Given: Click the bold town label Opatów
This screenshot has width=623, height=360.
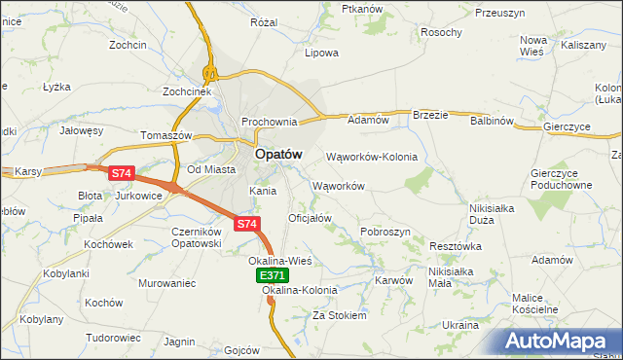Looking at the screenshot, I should [x=278, y=154].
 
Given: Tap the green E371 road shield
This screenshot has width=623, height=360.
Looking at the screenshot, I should [x=273, y=276].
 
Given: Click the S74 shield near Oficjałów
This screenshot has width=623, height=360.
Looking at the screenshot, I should [x=247, y=224].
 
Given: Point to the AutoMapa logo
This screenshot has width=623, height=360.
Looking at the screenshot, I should [x=561, y=342].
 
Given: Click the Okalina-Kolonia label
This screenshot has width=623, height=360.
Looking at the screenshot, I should [x=300, y=290].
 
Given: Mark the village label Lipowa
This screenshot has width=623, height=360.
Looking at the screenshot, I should [x=321, y=53].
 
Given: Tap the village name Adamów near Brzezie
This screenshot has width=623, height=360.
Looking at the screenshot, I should [x=369, y=120].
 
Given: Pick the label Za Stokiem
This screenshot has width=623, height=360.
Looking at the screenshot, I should [x=339, y=316].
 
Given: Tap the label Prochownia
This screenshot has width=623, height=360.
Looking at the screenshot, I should [x=270, y=122].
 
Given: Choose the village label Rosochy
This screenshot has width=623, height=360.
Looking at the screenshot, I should [x=441, y=32].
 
